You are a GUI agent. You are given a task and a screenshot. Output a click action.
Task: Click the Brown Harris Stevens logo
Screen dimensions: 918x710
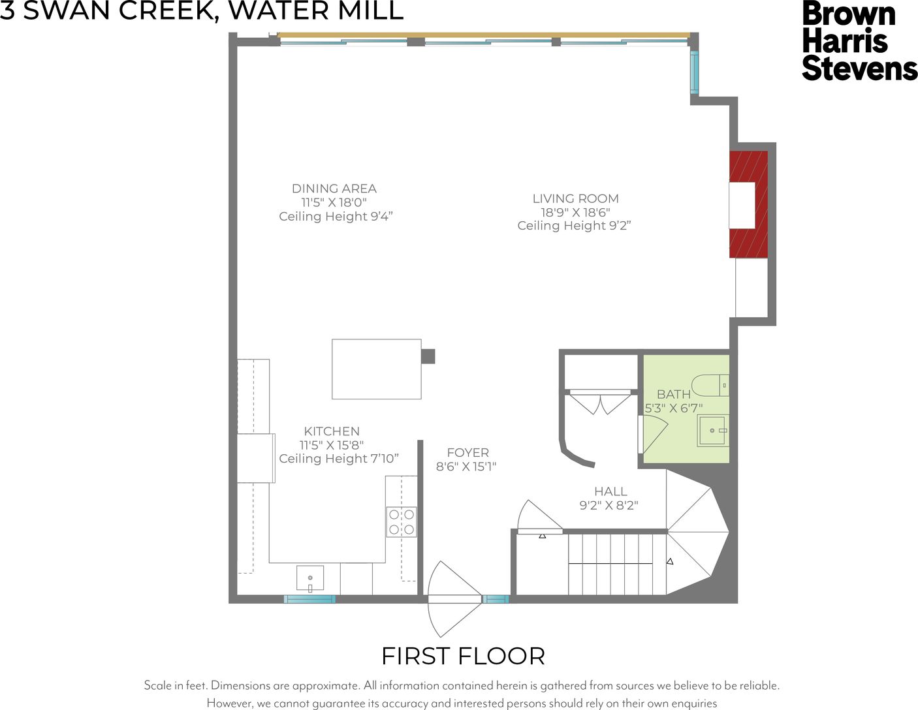[859, 40]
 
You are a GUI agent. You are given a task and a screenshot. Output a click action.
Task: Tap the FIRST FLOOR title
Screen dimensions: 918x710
[463, 656]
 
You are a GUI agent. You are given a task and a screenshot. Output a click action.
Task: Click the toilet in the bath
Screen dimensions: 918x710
[710, 385]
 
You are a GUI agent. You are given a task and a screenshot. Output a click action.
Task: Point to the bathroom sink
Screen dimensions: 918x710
[713, 431]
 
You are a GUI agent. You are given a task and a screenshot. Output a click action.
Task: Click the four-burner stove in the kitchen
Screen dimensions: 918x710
[402, 522]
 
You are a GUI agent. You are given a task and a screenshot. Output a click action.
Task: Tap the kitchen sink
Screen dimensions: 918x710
[310, 578]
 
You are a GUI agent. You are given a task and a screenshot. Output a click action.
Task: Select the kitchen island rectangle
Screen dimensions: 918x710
[377, 369]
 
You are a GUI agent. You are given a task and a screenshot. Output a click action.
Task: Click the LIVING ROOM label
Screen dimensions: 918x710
[575, 198]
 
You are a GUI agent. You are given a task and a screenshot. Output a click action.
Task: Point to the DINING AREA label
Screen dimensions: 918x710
[334, 188]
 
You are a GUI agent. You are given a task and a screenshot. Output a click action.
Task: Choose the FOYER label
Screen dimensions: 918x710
[467, 452]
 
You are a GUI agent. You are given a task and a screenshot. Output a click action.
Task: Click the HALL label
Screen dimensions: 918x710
[610, 491]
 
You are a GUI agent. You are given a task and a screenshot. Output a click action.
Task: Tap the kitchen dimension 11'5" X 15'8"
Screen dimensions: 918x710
[332, 445]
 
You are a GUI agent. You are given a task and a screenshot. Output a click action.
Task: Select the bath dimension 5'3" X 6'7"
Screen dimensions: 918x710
[673, 409]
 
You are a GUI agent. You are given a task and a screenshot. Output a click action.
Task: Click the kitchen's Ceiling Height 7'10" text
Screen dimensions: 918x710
[339, 458]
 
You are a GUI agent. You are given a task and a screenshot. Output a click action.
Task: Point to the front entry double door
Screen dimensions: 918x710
[454, 599]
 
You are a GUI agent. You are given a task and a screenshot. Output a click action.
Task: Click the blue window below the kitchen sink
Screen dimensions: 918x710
[309, 599]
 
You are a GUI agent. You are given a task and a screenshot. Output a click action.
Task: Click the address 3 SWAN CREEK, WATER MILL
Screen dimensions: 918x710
[202, 10]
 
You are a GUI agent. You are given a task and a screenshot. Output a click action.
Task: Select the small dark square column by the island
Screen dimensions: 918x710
[428, 356]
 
